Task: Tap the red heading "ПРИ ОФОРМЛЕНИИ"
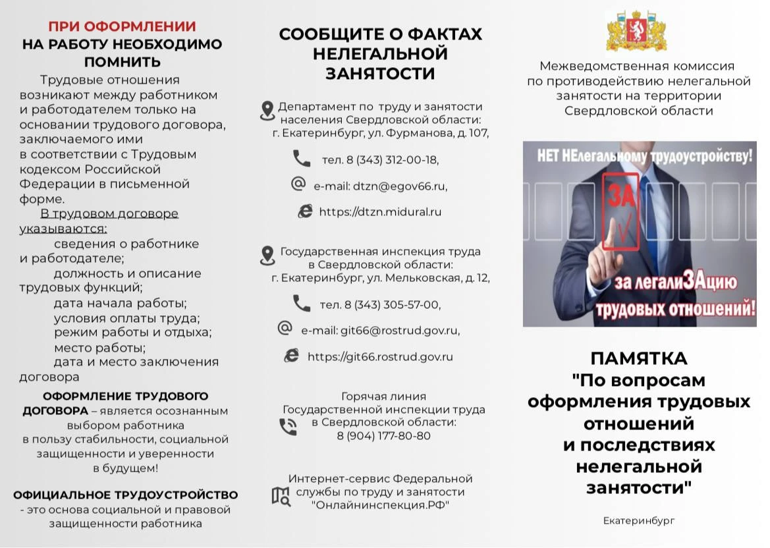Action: (122, 27)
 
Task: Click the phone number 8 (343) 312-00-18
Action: (380, 160)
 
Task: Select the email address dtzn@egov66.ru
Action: (380, 186)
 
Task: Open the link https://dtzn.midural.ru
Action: (380, 212)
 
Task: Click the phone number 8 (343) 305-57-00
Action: (380, 305)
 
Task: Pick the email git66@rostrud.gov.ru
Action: (380, 331)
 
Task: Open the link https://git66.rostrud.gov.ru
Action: (380, 357)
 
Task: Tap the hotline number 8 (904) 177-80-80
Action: (383, 436)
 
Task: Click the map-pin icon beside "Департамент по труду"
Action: (267, 111)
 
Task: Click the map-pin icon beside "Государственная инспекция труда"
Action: (267, 256)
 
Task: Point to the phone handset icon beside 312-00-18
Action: (302, 159)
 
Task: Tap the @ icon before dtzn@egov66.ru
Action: (298, 184)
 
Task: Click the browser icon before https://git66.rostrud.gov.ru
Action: (291, 356)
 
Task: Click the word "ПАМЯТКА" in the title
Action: (638, 359)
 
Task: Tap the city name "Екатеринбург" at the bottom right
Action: (639, 521)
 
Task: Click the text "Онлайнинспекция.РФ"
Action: (380, 505)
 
